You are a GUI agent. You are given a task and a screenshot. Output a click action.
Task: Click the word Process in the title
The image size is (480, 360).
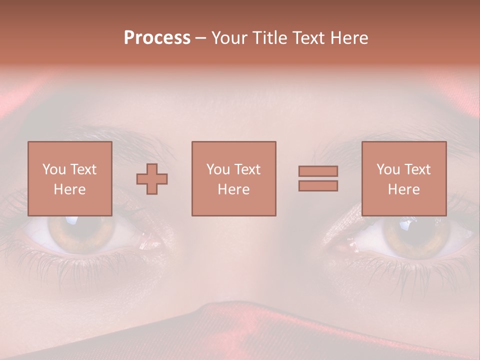click(x=157, y=38)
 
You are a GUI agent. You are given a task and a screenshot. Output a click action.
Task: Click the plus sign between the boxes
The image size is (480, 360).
click(x=152, y=178)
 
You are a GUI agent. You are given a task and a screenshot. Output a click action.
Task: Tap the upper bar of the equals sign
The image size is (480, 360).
click(x=318, y=171)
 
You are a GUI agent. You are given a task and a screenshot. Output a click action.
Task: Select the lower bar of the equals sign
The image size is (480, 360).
click(x=318, y=186)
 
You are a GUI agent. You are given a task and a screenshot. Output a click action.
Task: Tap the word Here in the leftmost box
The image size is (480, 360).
click(x=70, y=189)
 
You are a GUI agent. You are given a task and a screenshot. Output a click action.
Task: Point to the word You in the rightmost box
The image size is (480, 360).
click(x=388, y=169)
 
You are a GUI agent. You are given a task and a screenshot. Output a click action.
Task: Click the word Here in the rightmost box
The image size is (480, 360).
click(x=404, y=189)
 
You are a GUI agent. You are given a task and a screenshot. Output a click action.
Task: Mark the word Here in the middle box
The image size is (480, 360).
click(x=234, y=189)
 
